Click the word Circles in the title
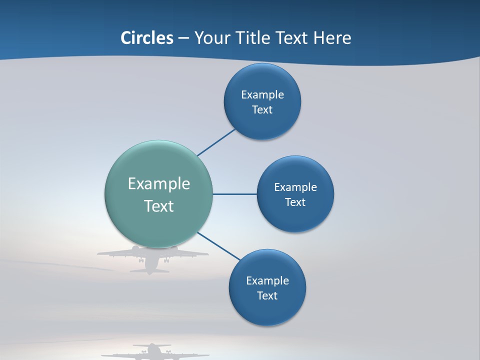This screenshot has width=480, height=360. [x=146, y=38]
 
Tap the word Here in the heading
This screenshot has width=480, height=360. [x=332, y=38]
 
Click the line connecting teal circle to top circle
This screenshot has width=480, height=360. [x=216, y=142]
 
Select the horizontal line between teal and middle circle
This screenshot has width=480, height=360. [x=235, y=194]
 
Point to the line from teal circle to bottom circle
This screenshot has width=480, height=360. [x=219, y=246]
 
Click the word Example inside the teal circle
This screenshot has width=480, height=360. [x=159, y=183]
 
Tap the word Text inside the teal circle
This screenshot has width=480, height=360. [x=159, y=206]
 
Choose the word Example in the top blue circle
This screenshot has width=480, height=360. [x=262, y=94]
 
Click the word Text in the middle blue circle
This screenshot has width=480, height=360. [x=295, y=202]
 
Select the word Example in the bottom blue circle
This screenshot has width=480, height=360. [x=267, y=280]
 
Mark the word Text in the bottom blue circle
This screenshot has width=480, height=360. [x=267, y=295]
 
